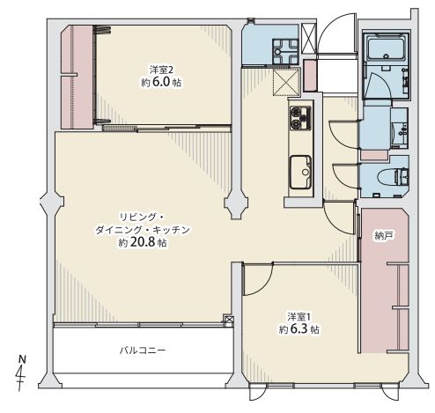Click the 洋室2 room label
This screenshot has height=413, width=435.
[161, 70]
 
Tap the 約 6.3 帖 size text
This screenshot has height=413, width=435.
[299, 329]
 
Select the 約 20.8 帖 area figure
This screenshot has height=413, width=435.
[143, 243]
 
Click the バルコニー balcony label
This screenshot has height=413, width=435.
[143, 350]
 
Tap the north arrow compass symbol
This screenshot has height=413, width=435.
[21, 373]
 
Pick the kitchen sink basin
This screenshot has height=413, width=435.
[301, 172]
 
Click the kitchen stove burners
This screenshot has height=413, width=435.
[300, 118]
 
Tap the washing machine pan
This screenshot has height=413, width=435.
[285, 51]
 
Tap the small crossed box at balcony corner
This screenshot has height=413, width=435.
[229, 320]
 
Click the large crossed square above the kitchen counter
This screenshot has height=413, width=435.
[286, 82]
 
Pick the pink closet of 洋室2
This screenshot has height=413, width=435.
[77, 77]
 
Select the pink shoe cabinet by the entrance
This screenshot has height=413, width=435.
[310, 76]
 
